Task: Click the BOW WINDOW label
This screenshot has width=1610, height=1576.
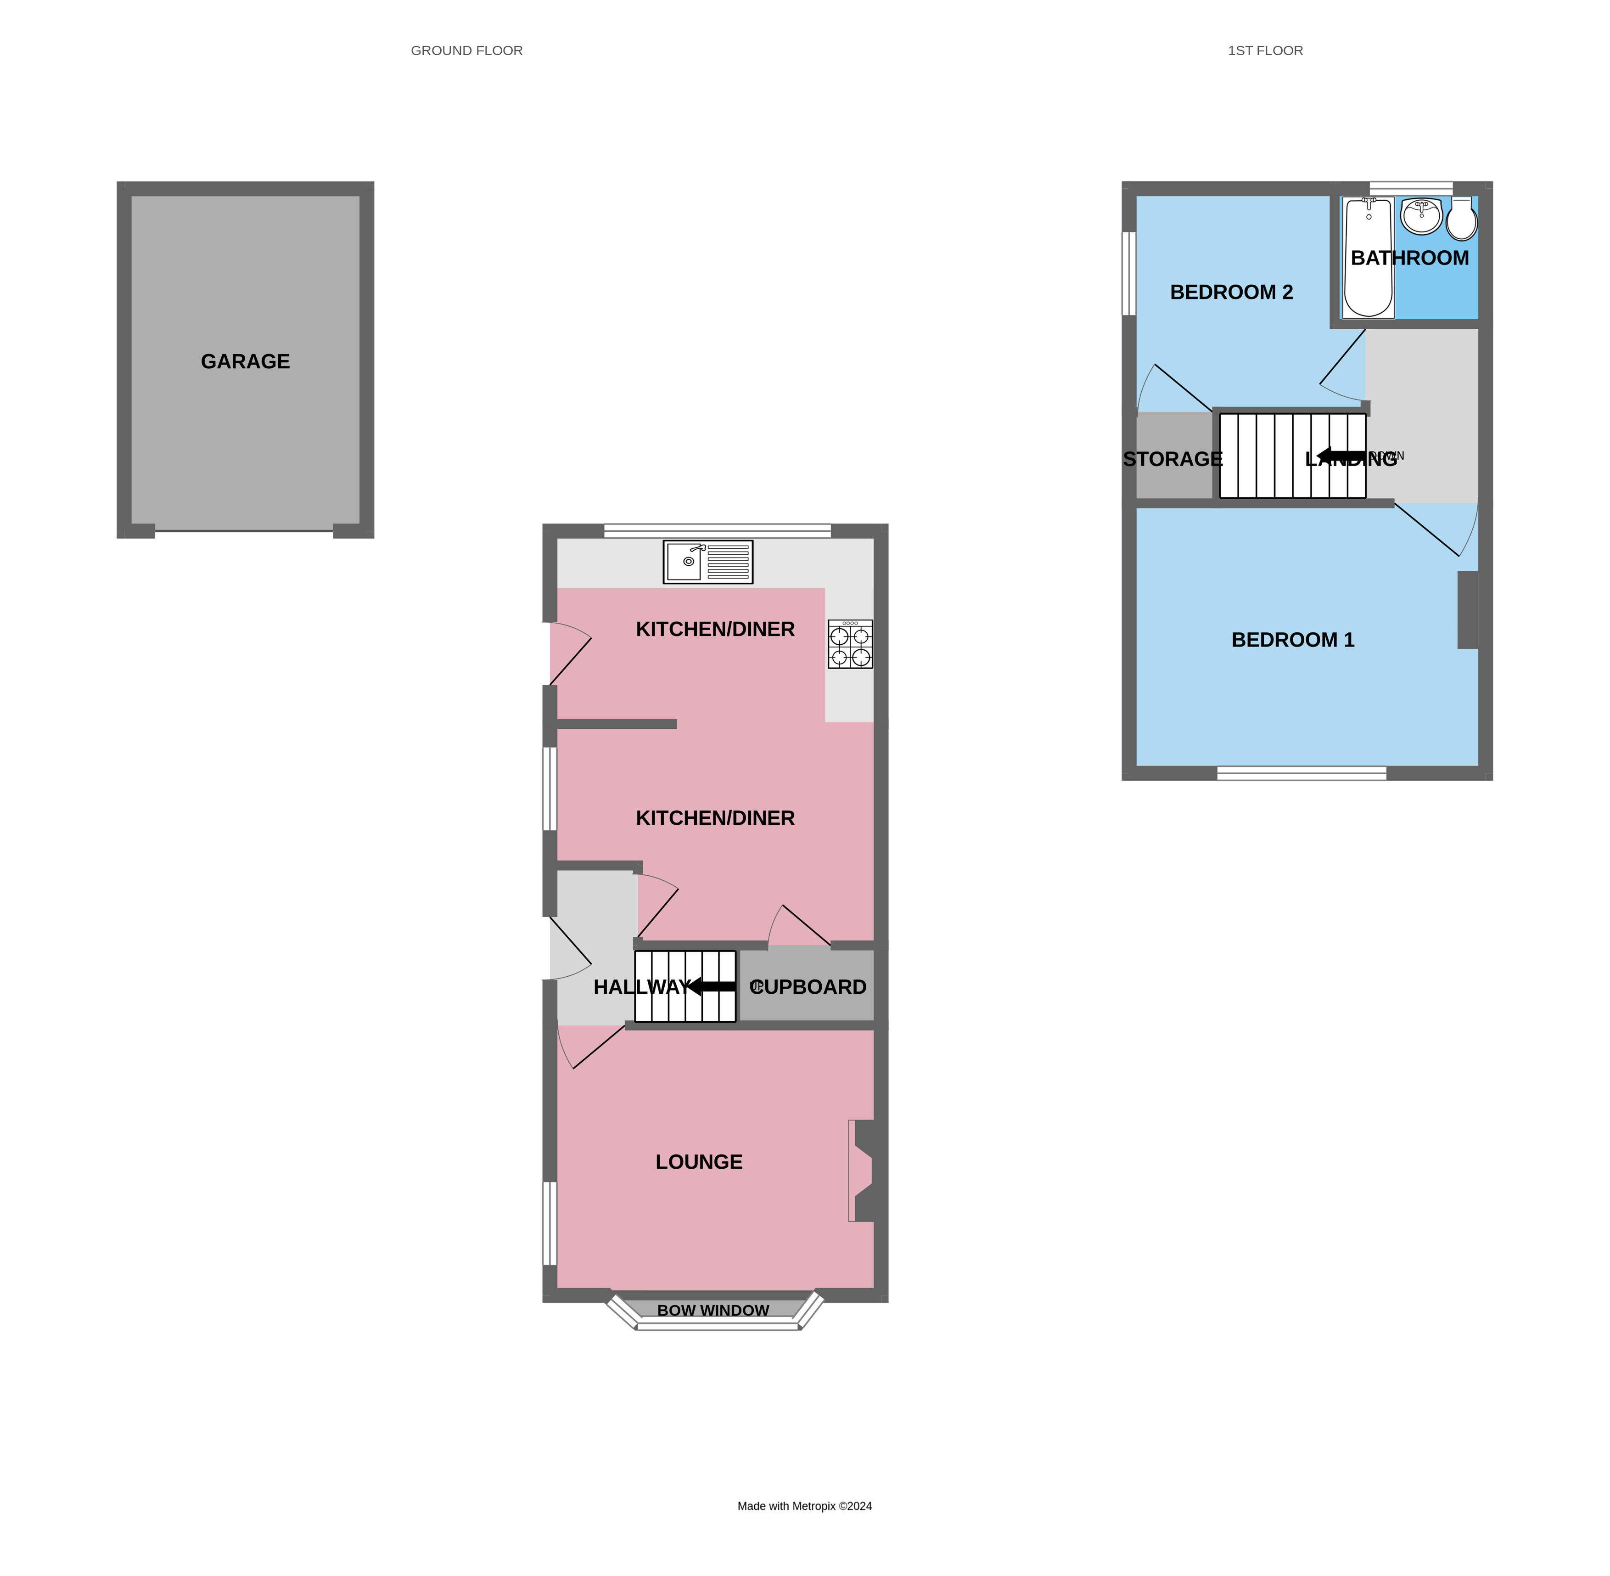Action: pyautogui.click(x=712, y=1310)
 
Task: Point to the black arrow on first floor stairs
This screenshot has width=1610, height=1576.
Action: pyautogui.click(x=1340, y=455)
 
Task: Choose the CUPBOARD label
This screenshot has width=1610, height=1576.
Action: pyautogui.click(x=808, y=987)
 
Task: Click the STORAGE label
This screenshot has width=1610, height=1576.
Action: pyautogui.click(x=1172, y=459)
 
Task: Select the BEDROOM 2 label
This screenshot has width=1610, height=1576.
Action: pyautogui.click(x=1231, y=292)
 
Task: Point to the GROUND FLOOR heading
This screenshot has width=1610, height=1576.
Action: pyautogui.click(x=466, y=51)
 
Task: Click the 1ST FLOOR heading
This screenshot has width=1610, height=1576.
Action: pyautogui.click(x=1265, y=51)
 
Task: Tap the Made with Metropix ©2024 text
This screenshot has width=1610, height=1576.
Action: pyautogui.click(x=804, y=1506)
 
